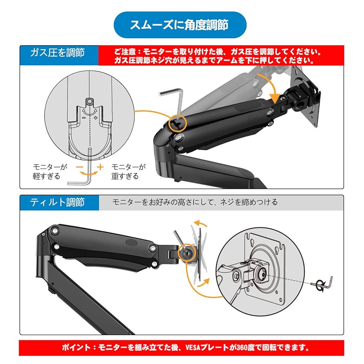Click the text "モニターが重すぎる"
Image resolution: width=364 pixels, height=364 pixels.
[127, 171]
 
